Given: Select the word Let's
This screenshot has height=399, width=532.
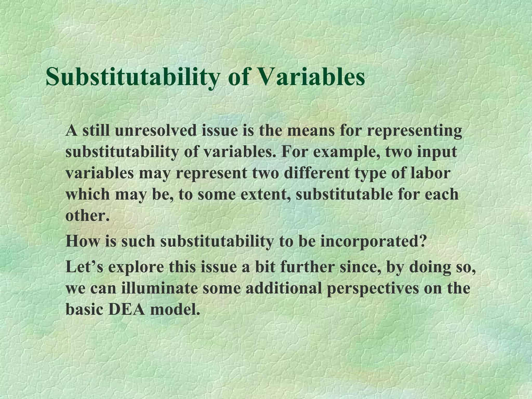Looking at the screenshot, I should (x=84, y=267).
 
